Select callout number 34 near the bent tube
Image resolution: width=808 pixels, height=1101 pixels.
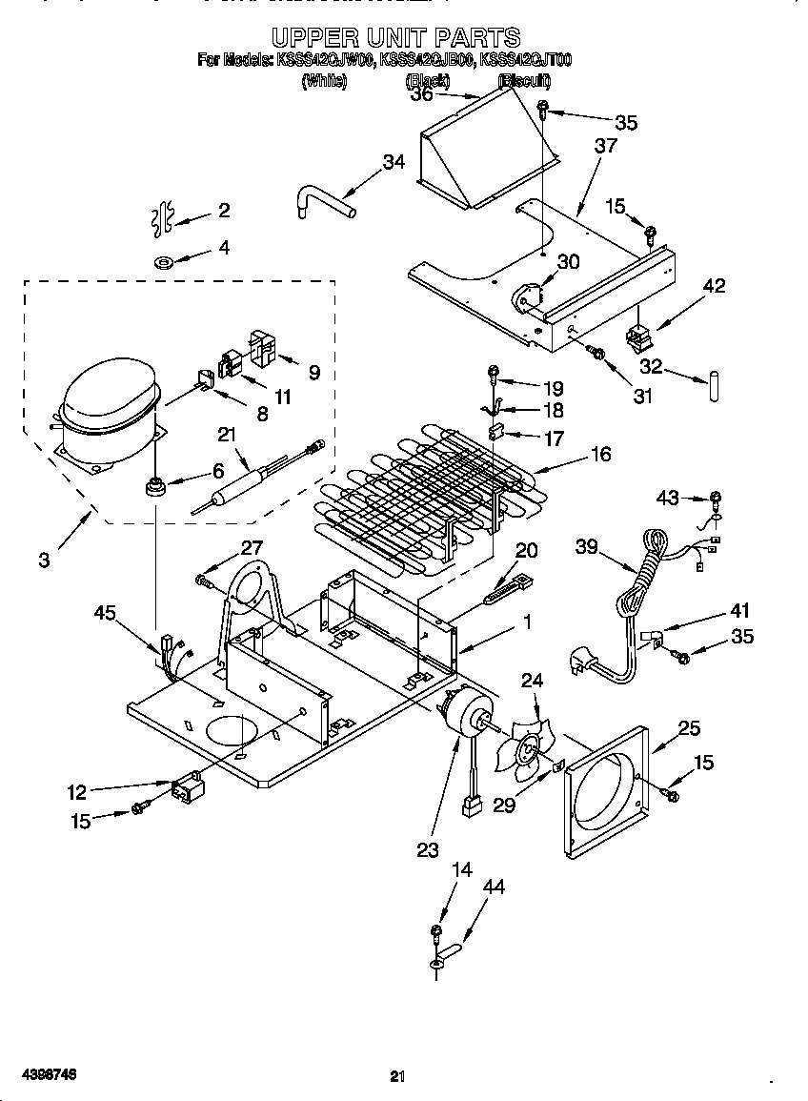coord(394,162)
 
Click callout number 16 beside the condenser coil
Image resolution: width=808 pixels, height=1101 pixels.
coord(600,454)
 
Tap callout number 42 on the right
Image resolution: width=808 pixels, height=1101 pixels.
coord(714,287)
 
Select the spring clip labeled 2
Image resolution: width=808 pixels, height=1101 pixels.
coord(163,216)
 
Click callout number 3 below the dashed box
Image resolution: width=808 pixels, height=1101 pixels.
coord(45,561)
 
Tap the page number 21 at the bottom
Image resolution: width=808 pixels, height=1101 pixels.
coord(397,1076)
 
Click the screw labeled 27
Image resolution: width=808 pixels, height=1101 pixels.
coord(205,579)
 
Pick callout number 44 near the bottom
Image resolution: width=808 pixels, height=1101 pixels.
coord(493,887)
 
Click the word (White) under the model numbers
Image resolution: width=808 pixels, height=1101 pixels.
coord(324,81)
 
